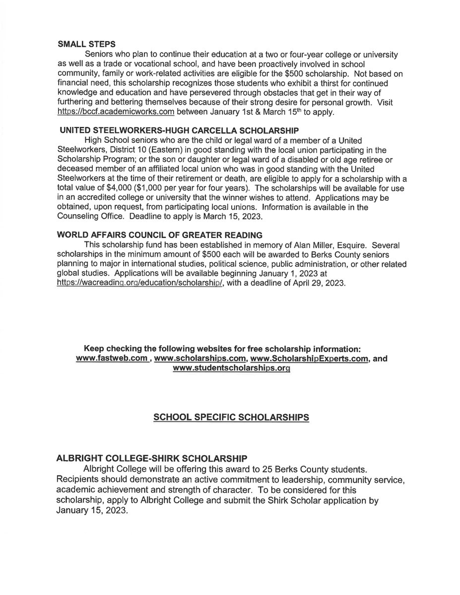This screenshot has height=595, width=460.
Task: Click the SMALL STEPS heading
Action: point(79,43)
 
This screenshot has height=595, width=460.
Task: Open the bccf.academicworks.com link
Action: point(116,113)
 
